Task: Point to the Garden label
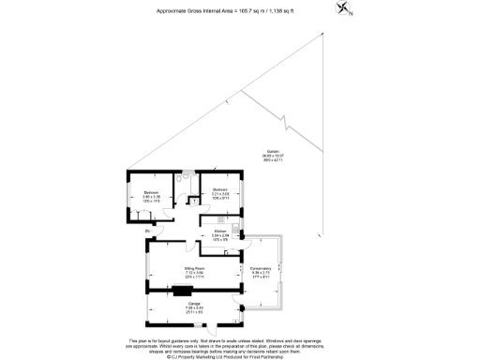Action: click(273, 151)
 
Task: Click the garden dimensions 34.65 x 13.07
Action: click(273, 156)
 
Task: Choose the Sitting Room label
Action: click(169, 268)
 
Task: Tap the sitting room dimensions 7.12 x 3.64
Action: click(169, 273)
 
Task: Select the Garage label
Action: click(168, 305)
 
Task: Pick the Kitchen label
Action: click(220, 231)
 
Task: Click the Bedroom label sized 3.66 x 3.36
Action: click(151, 192)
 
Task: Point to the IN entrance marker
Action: click(148, 230)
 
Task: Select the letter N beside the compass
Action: click(352, 13)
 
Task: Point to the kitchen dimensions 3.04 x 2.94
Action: click(220, 235)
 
